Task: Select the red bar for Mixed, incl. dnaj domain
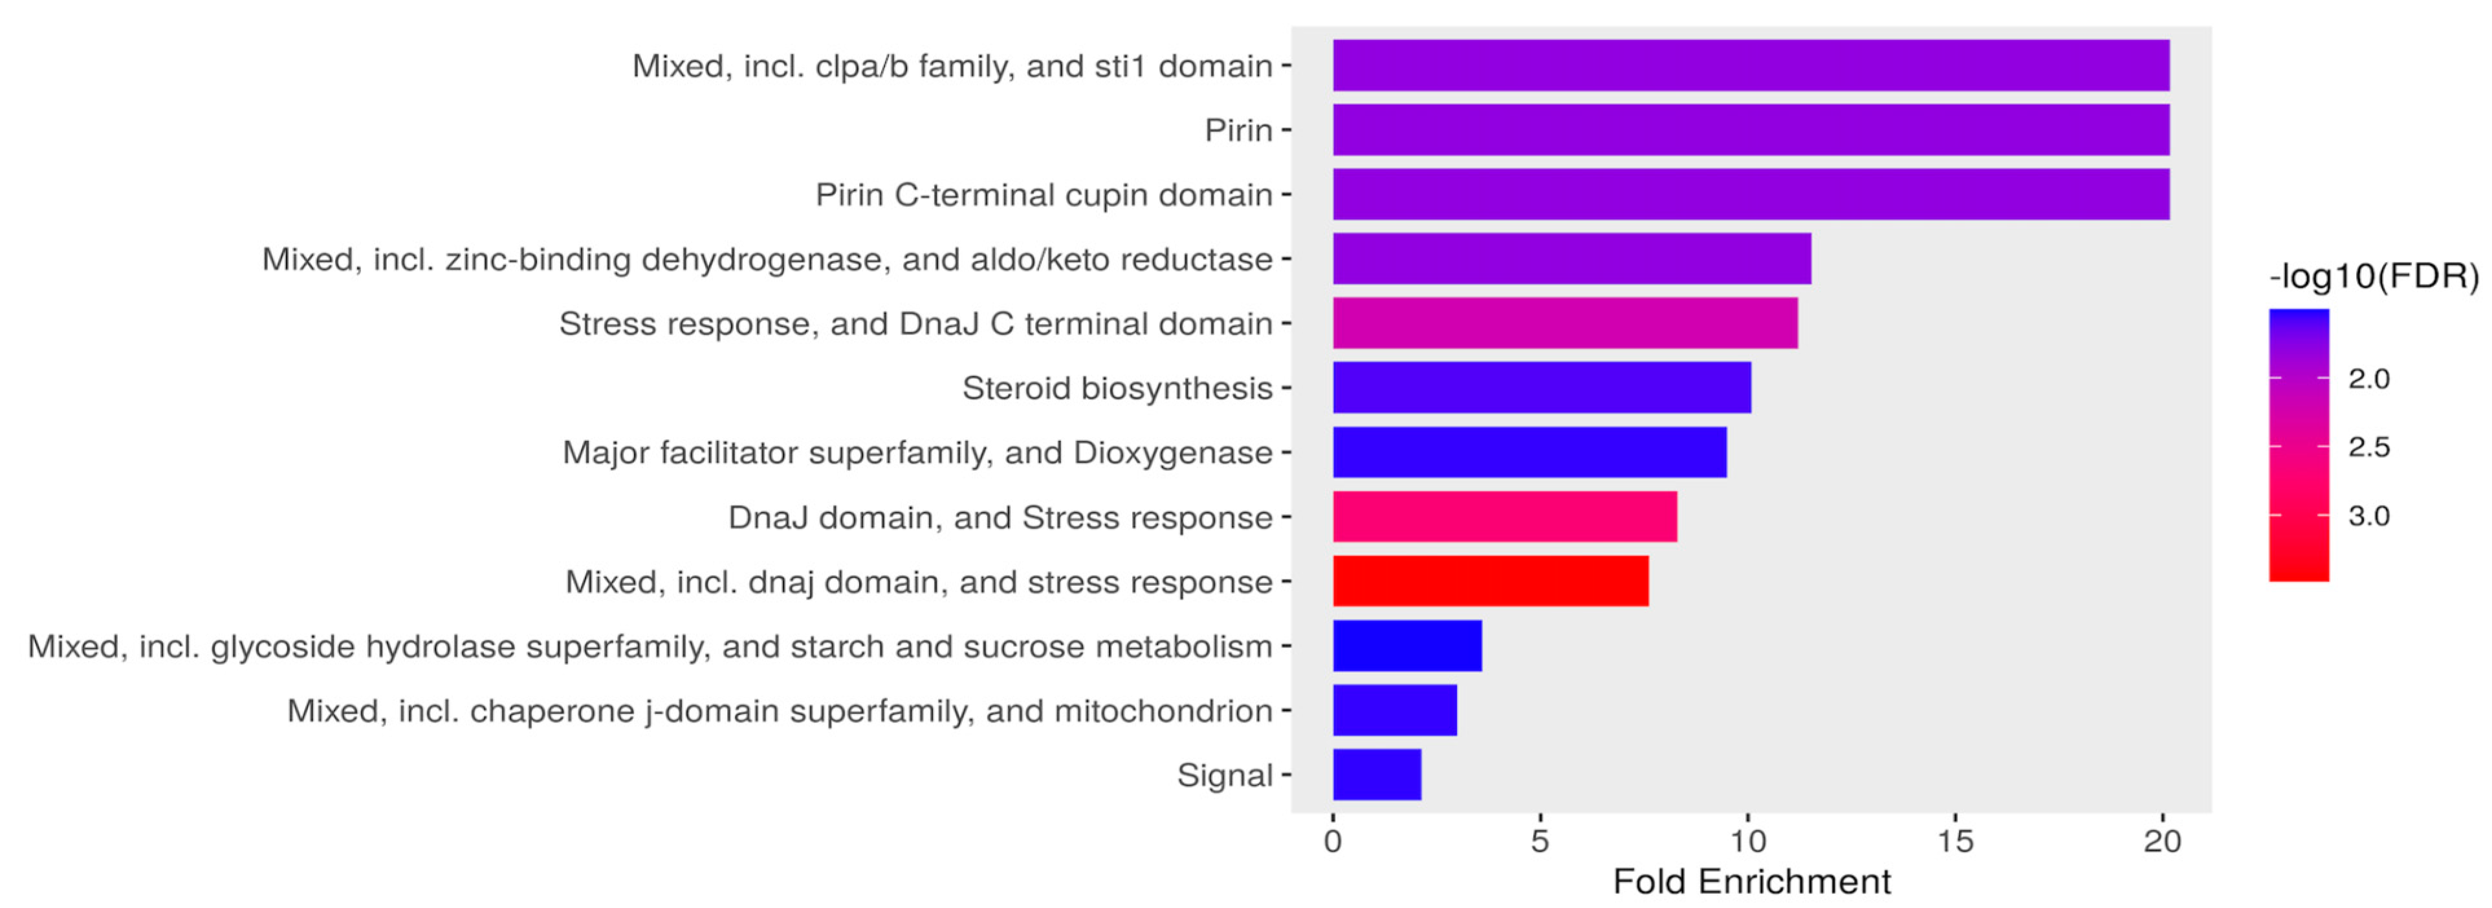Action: coord(1490,581)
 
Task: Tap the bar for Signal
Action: coord(1377,775)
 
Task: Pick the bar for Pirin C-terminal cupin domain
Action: coord(1751,195)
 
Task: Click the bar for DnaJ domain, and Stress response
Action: coord(1504,516)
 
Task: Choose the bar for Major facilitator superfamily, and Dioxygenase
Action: coord(1529,451)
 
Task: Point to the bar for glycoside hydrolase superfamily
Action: coord(1406,646)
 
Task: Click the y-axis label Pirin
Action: coord(1238,129)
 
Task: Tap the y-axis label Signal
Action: coord(1224,775)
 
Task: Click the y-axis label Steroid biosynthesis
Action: coord(1117,388)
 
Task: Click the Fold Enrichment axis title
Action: coord(1751,882)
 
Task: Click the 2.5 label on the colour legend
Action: coord(2369,447)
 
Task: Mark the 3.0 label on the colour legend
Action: coord(2369,515)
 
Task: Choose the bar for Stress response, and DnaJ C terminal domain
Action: coord(1564,323)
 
